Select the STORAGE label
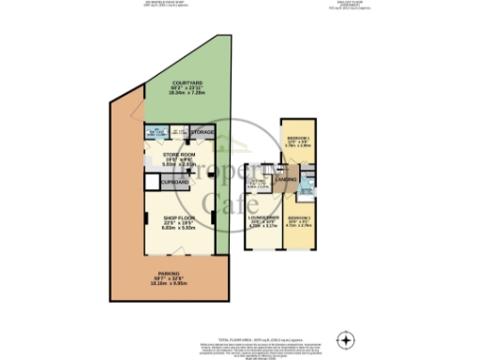point(203,133)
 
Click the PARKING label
point(170,274)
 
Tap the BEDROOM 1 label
point(299,137)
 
